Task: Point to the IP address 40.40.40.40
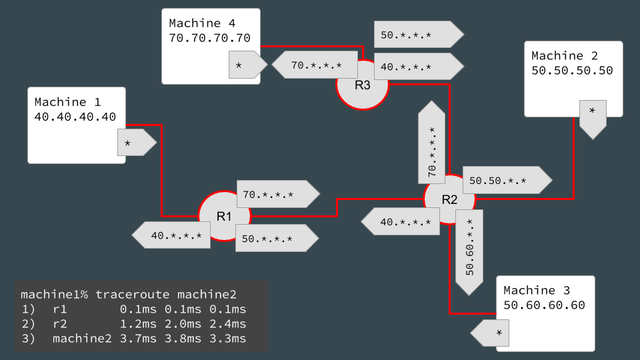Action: (75, 117)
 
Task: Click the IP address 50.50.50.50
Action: (572, 70)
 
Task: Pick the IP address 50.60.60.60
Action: (543, 305)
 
